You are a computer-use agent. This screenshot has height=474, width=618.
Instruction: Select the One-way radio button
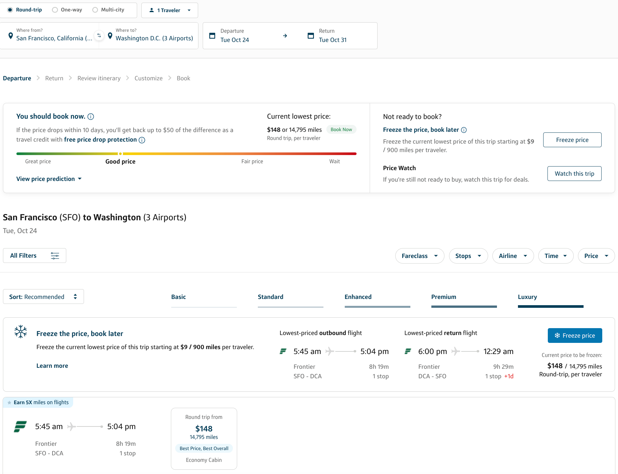(x=55, y=10)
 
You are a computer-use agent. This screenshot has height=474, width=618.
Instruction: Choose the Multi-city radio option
(x=95, y=10)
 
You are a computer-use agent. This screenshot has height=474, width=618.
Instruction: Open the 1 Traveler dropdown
(x=170, y=10)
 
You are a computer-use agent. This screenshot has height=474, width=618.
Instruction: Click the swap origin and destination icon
(x=99, y=35)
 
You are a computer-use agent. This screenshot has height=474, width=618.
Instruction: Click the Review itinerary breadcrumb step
(x=99, y=78)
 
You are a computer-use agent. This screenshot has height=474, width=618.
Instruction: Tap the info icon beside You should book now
(x=91, y=116)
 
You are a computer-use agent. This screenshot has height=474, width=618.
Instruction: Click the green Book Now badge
(x=341, y=129)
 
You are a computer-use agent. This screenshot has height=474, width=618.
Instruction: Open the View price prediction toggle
(x=49, y=179)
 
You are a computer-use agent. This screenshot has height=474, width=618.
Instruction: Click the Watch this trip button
(x=574, y=173)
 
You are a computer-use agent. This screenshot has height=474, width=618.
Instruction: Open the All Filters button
(x=34, y=255)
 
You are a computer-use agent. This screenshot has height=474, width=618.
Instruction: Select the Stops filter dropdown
(x=468, y=256)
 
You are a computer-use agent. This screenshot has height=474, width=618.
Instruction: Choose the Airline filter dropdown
(x=513, y=256)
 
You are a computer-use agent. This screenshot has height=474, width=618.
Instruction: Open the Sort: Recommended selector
(x=43, y=297)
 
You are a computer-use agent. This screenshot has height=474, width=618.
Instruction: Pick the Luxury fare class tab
(x=527, y=297)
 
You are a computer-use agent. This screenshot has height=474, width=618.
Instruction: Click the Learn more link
(x=52, y=365)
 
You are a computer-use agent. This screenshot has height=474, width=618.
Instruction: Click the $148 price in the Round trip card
(x=204, y=428)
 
